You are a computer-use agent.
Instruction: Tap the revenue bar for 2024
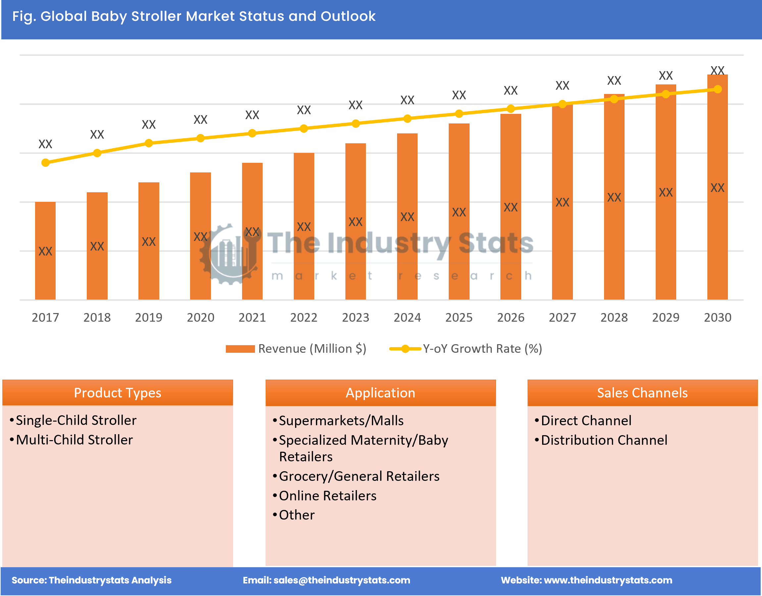[x=407, y=216]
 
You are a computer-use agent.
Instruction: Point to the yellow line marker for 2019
[x=149, y=143]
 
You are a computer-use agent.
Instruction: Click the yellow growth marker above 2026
[x=511, y=109]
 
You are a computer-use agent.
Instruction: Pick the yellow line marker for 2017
[x=45, y=162]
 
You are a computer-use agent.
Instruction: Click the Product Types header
[x=118, y=393]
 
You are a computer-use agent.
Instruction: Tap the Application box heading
[x=381, y=393]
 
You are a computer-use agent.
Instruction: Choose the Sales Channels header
[x=642, y=393]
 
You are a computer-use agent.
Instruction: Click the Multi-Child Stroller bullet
[x=75, y=440]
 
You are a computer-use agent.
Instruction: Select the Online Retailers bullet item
[x=328, y=496]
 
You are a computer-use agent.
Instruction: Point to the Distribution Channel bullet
[x=604, y=440]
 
